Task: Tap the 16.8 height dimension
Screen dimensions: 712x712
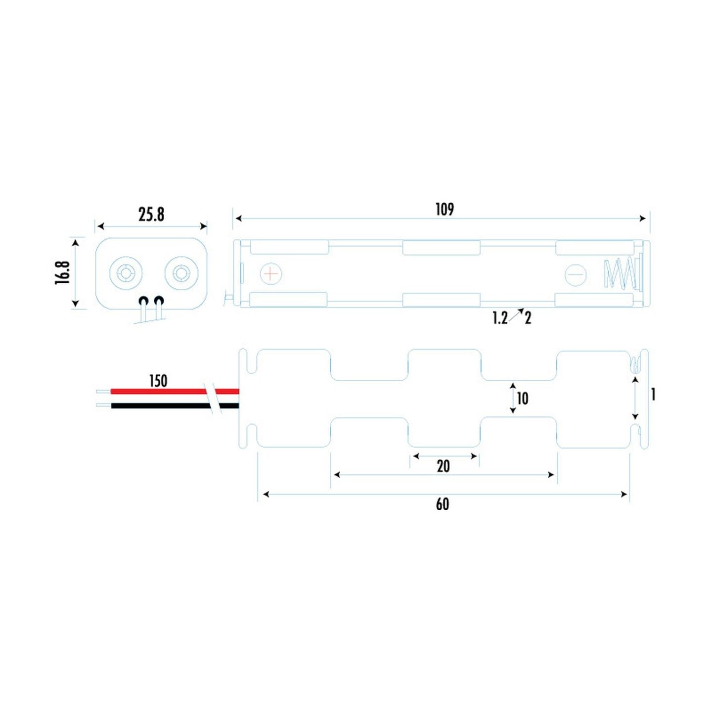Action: [62, 272]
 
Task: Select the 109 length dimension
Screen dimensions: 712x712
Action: [444, 210]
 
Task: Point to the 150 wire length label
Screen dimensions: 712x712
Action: [158, 381]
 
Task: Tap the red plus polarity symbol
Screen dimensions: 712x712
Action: [271, 274]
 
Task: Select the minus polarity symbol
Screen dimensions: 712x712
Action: [576, 275]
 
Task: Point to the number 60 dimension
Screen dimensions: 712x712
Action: [442, 504]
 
